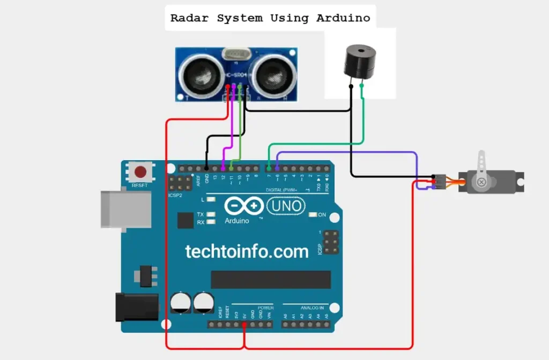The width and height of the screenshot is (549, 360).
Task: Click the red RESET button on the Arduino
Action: click(140, 172)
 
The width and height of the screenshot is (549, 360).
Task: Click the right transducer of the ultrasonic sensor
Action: click(271, 74)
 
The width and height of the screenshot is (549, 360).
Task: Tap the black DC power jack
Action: click(137, 307)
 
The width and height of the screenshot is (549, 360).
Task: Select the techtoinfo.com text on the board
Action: click(247, 251)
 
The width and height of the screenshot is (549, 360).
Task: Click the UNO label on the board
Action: click(286, 205)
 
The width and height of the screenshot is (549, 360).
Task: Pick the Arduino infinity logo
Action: click(244, 206)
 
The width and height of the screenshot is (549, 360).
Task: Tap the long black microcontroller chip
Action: click(270, 279)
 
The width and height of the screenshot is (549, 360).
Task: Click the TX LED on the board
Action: click(211, 214)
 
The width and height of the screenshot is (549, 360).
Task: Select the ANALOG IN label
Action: click(311, 308)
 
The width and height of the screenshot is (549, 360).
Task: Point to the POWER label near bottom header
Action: click(265, 308)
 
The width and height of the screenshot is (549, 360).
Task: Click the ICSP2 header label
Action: click(176, 196)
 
